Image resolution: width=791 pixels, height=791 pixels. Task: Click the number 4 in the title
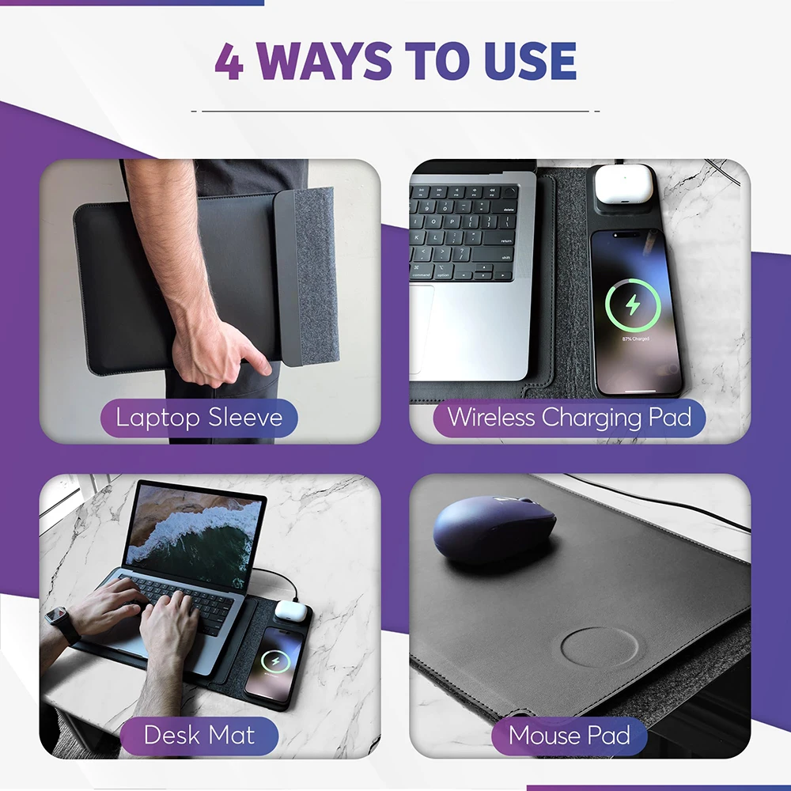[x=229, y=62]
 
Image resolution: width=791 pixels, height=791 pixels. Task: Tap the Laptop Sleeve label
[x=199, y=418]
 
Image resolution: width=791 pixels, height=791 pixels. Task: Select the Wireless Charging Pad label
[x=568, y=418]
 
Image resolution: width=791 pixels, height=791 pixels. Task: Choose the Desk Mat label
[x=199, y=735]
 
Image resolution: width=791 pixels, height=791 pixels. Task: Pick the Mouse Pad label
[x=569, y=735]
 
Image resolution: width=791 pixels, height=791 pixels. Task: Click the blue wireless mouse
[x=494, y=528]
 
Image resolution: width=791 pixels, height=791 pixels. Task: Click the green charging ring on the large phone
[x=633, y=304]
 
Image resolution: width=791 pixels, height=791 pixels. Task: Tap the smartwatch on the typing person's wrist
[x=62, y=624]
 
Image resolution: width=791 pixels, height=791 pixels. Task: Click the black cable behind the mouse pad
[x=672, y=506]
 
